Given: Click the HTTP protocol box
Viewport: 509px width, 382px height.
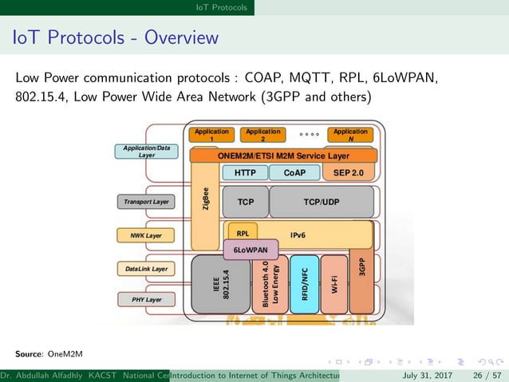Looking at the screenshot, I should [x=245, y=173].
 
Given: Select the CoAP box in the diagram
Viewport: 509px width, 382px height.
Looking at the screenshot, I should [x=294, y=173].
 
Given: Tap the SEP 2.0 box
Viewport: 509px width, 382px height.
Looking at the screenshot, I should [x=348, y=173].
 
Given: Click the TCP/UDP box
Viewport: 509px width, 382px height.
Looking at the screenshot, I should [x=321, y=202].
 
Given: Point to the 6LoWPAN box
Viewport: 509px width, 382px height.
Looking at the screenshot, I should [x=251, y=250].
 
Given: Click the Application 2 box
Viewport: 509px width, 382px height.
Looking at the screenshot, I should [x=263, y=135].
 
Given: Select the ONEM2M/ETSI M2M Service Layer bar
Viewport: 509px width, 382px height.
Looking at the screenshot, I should [x=283, y=156].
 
